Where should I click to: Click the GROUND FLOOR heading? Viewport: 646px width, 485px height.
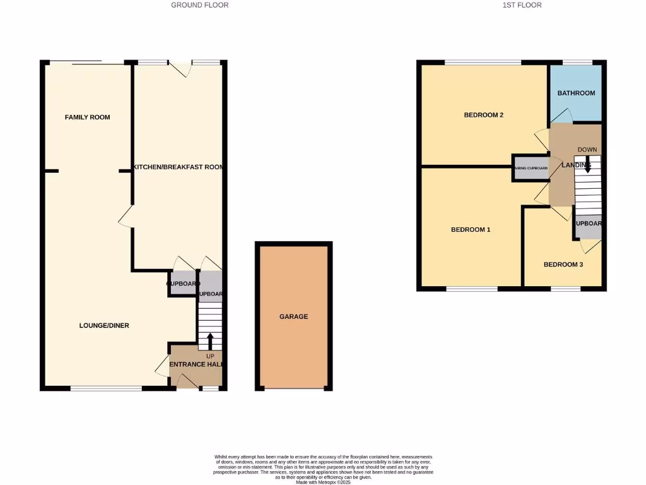click(199, 5)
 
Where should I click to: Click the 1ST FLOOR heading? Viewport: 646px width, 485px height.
click(522, 5)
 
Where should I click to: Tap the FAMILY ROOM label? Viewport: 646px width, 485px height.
click(87, 117)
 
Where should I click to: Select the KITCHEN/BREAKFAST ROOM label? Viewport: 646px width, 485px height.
click(179, 167)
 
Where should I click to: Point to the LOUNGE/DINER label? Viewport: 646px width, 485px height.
click(104, 326)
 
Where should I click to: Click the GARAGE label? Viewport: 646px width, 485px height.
click(294, 316)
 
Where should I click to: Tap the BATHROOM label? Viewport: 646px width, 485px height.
click(576, 93)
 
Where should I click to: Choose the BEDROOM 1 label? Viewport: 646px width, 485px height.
click(471, 230)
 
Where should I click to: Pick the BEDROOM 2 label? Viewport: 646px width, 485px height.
click(483, 115)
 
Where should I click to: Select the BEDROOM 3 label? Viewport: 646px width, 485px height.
click(563, 265)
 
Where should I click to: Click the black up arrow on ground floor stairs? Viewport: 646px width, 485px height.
click(210, 341)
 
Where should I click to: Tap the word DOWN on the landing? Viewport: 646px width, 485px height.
click(587, 150)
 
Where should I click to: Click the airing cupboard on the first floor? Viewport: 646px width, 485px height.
click(531, 169)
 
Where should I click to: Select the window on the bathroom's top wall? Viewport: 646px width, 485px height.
click(577, 62)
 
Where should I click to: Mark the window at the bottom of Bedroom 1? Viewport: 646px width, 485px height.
click(471, 289)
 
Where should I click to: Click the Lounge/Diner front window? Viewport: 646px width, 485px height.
click(105, 388)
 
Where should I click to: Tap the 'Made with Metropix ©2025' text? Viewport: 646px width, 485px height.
click(323, 482)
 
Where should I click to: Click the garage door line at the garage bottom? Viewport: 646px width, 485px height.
click(294, 389)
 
